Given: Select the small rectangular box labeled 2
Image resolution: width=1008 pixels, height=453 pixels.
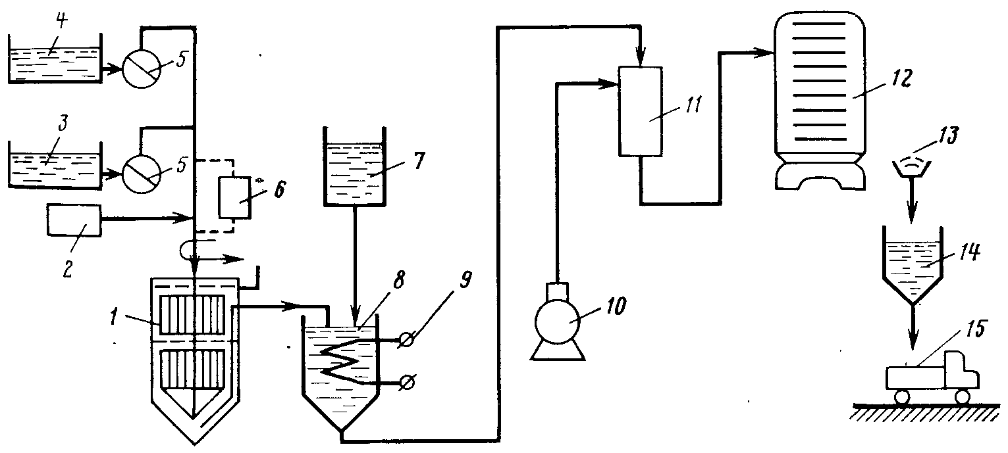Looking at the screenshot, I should click(74, 220).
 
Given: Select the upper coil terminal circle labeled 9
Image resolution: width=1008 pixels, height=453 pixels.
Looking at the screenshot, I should click(408, 340).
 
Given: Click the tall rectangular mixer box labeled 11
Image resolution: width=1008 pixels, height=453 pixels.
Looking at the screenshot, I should click(641, 111).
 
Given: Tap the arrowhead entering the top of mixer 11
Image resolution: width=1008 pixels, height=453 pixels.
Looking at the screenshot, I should click(641, 60).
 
